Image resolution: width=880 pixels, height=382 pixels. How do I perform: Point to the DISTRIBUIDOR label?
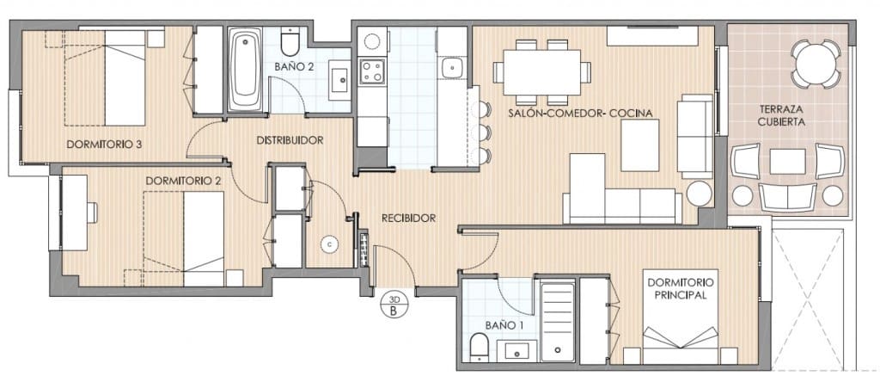(x=289, y=140)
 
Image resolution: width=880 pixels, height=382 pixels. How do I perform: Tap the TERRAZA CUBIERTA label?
(x=781, y=115)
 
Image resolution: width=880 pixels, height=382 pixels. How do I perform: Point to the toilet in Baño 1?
(x=480, y=348)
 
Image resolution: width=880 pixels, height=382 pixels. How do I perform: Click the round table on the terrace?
(x=816, y=64)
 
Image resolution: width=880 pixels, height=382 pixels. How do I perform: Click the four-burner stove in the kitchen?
(x=373, y=71)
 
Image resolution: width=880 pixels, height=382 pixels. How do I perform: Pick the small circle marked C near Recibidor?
(x=329, y=243)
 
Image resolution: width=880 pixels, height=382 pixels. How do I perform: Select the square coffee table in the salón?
(x=639, y=145)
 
